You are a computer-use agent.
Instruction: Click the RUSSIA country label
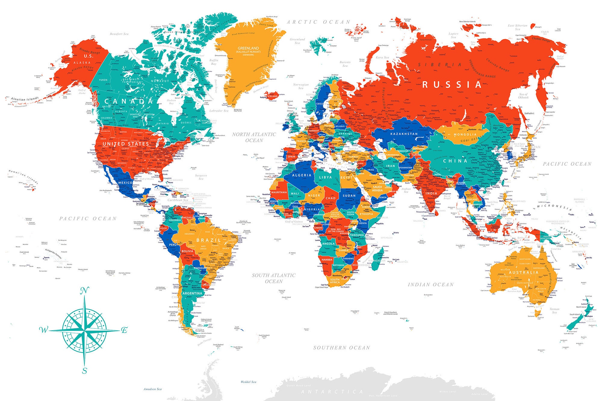[452, 85]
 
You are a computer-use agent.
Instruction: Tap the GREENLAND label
[248, 48]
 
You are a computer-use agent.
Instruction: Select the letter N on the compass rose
[85, 291]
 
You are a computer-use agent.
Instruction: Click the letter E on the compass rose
[124, 330]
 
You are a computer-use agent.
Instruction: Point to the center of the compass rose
[85, 330]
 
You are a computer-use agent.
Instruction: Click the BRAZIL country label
[209, 240]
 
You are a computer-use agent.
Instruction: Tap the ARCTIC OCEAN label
[318, 22]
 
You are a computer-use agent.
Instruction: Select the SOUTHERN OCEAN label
[341, 348]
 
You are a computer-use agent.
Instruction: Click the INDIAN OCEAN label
[430, 285]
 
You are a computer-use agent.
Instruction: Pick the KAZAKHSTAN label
[404, 134]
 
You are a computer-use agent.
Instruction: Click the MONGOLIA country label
[465, 134]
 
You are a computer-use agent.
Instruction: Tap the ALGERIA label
[302, 175]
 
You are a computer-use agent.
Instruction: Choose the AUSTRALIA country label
[523, 273]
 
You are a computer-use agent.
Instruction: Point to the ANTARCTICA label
[332, 392]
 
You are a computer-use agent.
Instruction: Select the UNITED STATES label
[126, 144]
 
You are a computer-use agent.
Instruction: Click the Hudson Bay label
[171, 102]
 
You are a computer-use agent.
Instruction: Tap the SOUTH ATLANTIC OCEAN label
[274, 278]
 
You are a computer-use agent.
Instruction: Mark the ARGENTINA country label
[192, 293]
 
